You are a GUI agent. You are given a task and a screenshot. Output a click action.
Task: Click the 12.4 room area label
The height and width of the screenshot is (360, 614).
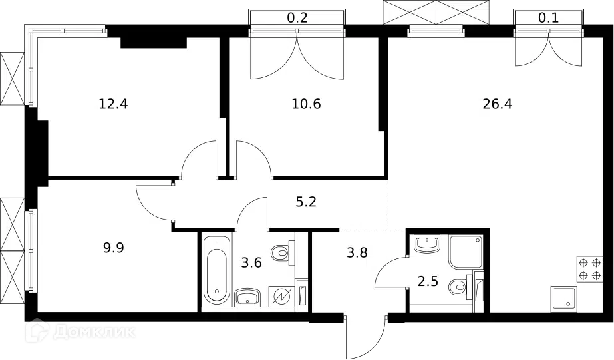[x=113, y=104]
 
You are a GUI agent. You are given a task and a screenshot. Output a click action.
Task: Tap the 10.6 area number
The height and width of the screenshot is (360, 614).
[x=306, y=104]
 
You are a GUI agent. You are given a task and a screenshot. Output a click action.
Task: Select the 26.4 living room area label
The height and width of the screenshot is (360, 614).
[x=498, y=104]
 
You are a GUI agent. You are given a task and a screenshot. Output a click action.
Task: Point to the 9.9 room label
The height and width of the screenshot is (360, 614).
[x=114, y=248]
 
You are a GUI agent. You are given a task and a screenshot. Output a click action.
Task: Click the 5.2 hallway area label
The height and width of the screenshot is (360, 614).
[x=306, y=202]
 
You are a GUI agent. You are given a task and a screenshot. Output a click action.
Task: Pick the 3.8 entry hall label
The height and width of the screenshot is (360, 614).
[x=357, y=252]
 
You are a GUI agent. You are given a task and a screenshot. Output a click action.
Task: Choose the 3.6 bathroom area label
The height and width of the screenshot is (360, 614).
[x=251, y=262]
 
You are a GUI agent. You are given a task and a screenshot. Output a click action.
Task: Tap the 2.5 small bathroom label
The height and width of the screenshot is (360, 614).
[x=428, y=281]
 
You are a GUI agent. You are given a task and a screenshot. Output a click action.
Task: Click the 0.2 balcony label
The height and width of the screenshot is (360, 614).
[x=297, y=17]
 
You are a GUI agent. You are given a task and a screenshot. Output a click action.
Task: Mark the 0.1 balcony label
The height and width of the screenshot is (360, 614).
[x=549, y=17]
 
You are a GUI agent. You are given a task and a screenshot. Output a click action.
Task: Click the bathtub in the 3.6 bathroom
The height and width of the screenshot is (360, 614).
[x=217, y=270]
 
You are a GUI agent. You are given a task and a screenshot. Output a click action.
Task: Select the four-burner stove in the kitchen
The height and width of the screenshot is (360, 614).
[x=589, y=269]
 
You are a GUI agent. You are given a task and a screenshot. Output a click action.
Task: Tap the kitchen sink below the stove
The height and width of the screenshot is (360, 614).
[x=564, y=299]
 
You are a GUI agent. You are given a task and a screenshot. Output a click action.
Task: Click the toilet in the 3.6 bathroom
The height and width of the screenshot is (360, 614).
[x=283, y=253]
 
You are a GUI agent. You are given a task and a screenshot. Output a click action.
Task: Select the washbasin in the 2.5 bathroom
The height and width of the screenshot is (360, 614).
[x=427, y=244]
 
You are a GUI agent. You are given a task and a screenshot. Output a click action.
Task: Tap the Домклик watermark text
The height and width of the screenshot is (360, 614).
[x=94, y=332]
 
